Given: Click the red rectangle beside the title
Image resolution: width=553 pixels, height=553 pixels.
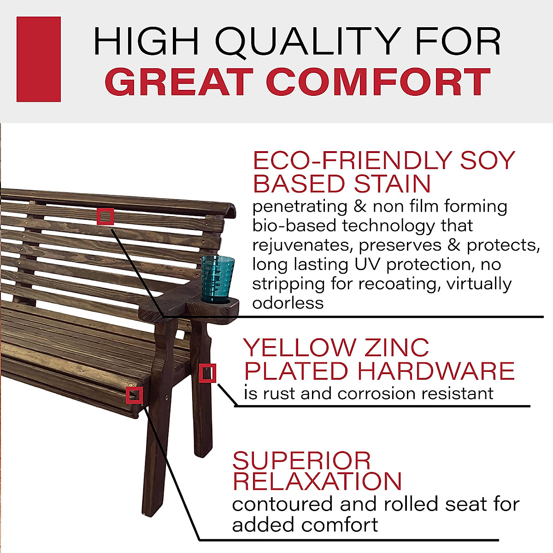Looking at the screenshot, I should click(x=39, y=59).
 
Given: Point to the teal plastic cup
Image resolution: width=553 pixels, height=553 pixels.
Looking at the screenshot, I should click(x=218, y=280).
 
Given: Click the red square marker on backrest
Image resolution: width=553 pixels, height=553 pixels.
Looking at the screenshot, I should click(x=106, y=216).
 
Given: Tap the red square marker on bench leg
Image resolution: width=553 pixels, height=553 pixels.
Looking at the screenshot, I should click(x=207, y=373).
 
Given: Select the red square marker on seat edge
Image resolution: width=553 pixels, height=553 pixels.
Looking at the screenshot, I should click(x=134, y=395).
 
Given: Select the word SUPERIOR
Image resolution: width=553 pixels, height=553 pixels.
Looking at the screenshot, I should click(x=301, y=461).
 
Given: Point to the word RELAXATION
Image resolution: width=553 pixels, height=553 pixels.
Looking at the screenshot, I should click(x=317, y=482).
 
